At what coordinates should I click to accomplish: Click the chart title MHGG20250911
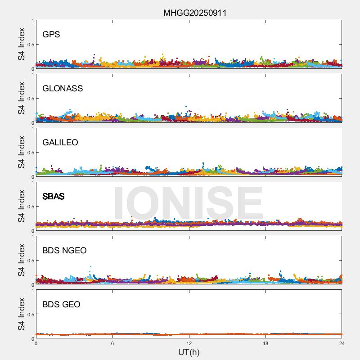[x=194, y=13]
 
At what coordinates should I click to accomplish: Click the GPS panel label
[x=51, y=35]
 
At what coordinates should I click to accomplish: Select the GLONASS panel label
[x=63, y=89]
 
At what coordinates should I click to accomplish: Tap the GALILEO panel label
[x=60, y=143]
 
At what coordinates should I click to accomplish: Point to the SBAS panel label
[x=53, y=197]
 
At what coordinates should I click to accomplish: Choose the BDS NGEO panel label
[x=64, y=251]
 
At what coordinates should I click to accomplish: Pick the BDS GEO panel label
[x=61, y=305]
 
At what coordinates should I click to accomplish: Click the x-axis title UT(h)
[x=189, y=351]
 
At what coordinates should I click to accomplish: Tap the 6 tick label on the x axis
[x=112, y=343]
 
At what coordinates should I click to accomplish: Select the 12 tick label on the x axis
[x=189, y=343]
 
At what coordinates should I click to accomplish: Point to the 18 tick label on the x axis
[x=265, y=343]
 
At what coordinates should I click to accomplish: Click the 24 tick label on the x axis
[x=342, y=343]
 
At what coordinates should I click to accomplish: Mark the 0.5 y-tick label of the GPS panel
[x=30, y=45]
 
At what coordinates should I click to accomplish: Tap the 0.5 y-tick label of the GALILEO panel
[x=30, y=153]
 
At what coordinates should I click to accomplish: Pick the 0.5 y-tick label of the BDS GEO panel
[x=30, y=315]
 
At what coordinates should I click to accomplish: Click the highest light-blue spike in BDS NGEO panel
[x=91, y=267]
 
